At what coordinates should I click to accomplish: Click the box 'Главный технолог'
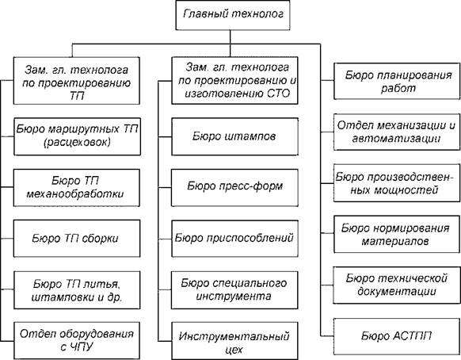click(x=233, y=15)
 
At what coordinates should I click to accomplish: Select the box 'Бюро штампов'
click(x=234, y=136)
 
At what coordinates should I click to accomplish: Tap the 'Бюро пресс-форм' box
click(x=234, y=187)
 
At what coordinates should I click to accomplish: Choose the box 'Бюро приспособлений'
click(x=234, y=239)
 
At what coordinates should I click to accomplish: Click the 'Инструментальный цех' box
click(x=234, y=341)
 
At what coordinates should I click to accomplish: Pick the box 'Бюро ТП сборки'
click(x=77, y=239)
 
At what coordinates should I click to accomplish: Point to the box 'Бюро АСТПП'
click(x=397, y=336)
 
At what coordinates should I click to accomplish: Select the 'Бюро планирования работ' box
click(x=397, y=81)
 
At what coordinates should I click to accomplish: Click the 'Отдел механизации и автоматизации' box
click(x=397, y=132)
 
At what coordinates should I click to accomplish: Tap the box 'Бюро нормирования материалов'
click(x=397, y=234)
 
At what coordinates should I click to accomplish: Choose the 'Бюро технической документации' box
click(x=397, y=285)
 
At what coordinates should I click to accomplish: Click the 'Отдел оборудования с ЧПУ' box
click(x=77, y=340)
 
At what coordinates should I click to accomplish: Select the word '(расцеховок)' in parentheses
click(x=77, y=143)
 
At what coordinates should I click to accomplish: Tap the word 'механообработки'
click(x=75, y=194)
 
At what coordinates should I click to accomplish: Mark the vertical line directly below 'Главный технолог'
click(x=230, y=44)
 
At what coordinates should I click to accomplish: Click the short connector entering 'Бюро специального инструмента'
click(x=165, y=289)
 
